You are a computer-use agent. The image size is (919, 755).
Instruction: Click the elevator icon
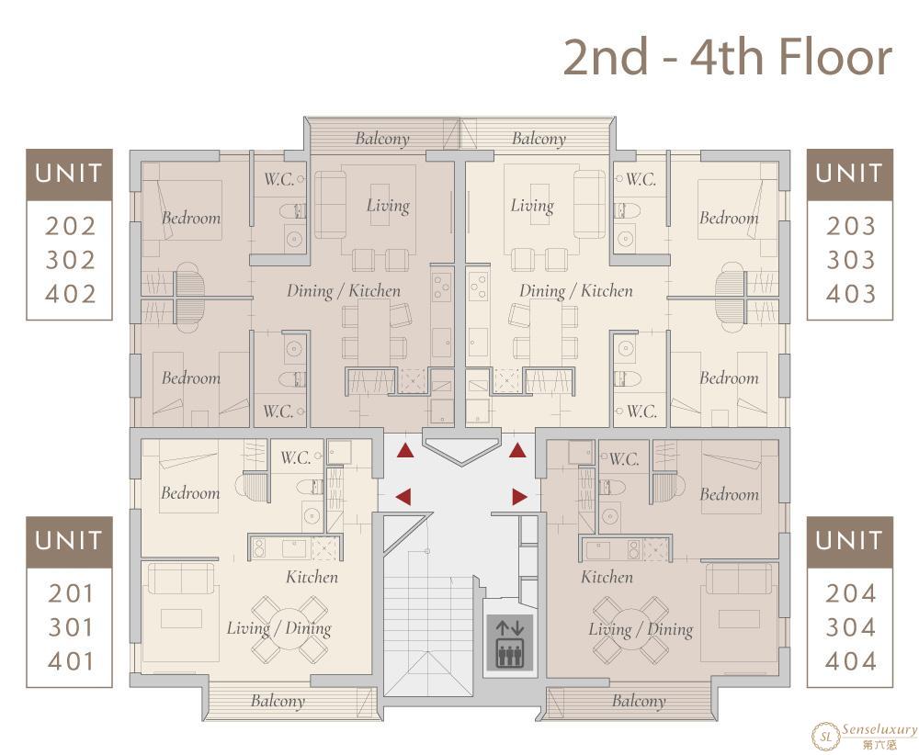coord(509,643)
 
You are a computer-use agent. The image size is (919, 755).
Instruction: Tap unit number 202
coord(71,226)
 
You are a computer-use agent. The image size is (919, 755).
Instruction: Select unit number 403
coord(850,293)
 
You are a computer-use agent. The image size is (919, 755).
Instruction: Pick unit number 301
coord(71,627)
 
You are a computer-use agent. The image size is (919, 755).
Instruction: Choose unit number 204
coord(850,594)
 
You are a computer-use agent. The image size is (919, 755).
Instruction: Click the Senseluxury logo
coord(864,736)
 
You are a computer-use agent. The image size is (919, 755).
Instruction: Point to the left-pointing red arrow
coord(403,497)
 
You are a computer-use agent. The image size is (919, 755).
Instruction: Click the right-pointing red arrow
coord(519,497)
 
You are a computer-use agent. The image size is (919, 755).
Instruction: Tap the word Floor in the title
coord(835,57)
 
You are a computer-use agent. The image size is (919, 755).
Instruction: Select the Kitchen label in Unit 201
coord(312,578)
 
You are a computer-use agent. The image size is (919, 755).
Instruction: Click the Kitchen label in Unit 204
coord(607,578)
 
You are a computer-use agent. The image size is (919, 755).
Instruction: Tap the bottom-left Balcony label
coord(278,701)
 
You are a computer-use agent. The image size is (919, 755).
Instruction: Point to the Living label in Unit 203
coord(532,206)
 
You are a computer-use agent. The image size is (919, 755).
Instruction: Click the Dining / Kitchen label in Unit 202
coord(344,291)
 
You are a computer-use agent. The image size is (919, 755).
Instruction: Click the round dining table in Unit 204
coord(630,630)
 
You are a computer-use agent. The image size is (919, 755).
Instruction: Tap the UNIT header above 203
coord(850,174)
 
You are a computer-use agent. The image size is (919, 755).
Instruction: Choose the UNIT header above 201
coord(69,541)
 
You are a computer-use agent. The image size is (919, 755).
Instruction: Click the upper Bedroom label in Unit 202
coord(191,218)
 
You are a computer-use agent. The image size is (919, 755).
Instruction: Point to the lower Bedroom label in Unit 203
coord(729,378)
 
